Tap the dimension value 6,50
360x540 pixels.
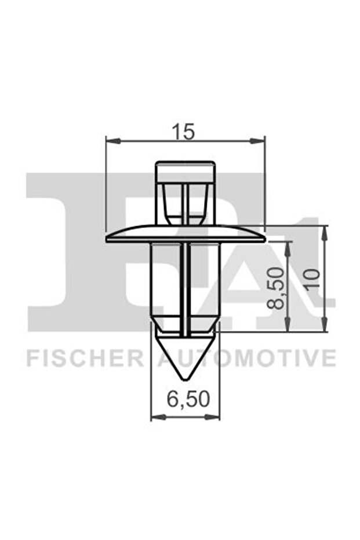coord(184,400)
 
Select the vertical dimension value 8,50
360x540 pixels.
coord(279,288)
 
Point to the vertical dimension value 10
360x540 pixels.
coord(313,278)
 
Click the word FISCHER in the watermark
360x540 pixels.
coord(85,358)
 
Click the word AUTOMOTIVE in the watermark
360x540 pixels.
coord(246,358)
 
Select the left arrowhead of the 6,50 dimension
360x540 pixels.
coord(154,416)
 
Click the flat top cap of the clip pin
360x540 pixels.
coord(185,165)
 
